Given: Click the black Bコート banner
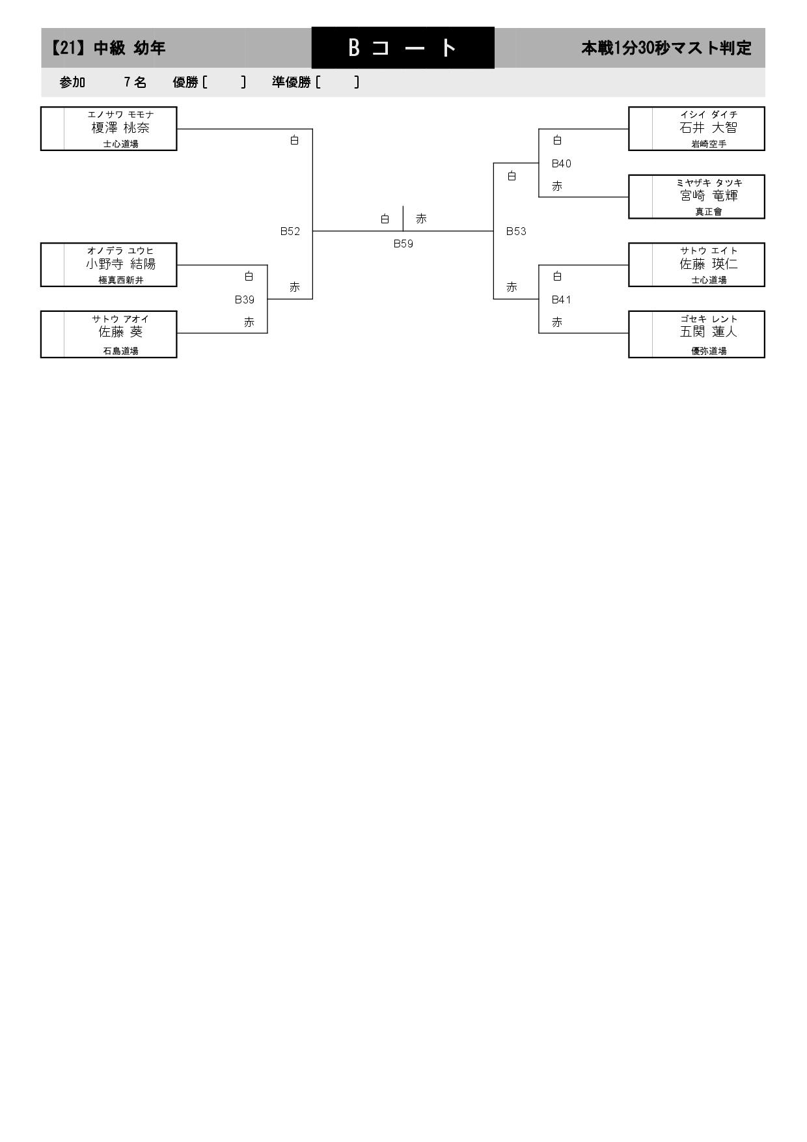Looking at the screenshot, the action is coord(403,48).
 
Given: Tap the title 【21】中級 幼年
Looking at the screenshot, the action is coord(108,48).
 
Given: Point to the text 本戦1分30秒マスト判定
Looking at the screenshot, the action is coord(666,48).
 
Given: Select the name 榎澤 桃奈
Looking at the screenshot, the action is coord(120,128).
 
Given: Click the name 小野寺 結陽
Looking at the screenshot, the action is coord(120,264).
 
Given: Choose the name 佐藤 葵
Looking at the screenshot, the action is coord(120,332).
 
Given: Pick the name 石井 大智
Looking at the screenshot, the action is coord(709,128).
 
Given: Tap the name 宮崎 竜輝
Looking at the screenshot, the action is coord(709,196).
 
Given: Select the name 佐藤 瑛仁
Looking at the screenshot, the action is coord(709,264).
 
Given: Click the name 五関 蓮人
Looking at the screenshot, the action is coord(709,332).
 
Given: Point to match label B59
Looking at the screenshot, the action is coord(403,244).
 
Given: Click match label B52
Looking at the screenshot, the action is coord(290,231).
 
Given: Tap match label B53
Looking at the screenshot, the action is coord(516,231).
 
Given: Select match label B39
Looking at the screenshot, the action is coord(245,299).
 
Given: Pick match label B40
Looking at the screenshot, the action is coord(561,163).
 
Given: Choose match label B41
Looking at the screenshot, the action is coord(561,299).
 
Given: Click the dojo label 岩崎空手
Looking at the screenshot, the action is coord(709,145).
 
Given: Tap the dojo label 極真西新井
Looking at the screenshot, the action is coord(120,281).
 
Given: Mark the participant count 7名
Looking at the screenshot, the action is coord(135,82).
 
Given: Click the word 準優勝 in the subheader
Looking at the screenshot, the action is coord(292,82).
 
